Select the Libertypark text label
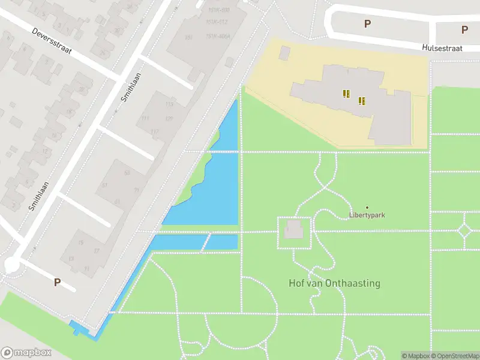[x=367, y=215]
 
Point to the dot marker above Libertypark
[x=367, y=208]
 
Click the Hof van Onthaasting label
[x=334, y=283]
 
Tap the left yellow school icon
[x=346, y=93]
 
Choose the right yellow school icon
[x=361, y=100]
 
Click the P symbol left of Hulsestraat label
[x=367, y=24]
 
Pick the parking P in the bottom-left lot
[x=58, y=282]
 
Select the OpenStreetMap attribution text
[x=454, y=356]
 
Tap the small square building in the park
[x=293, y=229]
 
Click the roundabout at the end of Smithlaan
[x=11, y=265]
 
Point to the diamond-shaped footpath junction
[x=464, y=230]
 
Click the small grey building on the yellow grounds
[x=284, y=53]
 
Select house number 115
[x=169, y=104]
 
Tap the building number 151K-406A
[x=218, y=36]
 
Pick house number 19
[x=81, y=242]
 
